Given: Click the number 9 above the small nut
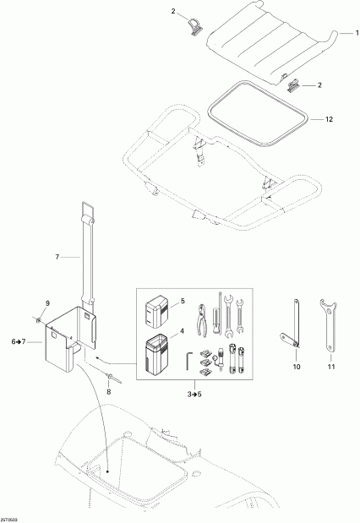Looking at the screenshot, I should [47, 304].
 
